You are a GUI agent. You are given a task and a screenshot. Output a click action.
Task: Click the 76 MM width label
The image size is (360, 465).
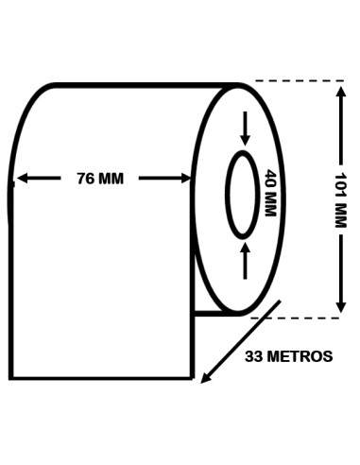(100, 179)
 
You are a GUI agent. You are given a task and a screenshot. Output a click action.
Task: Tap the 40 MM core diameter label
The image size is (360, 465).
(269, 193)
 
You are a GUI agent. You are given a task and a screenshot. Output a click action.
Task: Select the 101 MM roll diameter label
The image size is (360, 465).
(340, 199)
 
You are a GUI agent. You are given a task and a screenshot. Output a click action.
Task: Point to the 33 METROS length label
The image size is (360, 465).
(288, 356)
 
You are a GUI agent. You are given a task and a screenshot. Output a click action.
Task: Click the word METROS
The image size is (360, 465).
(301, 356)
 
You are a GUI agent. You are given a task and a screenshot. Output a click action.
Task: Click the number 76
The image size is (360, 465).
(85, 179)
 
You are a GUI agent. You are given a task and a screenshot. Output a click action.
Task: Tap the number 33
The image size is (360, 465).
(254, 356)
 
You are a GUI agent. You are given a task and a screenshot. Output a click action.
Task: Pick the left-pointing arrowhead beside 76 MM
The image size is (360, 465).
(22, 179)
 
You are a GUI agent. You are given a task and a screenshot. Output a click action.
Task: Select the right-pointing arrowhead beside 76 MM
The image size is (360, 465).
(186, 179)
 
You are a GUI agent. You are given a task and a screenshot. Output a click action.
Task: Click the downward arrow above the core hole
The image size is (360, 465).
(245, 129)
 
